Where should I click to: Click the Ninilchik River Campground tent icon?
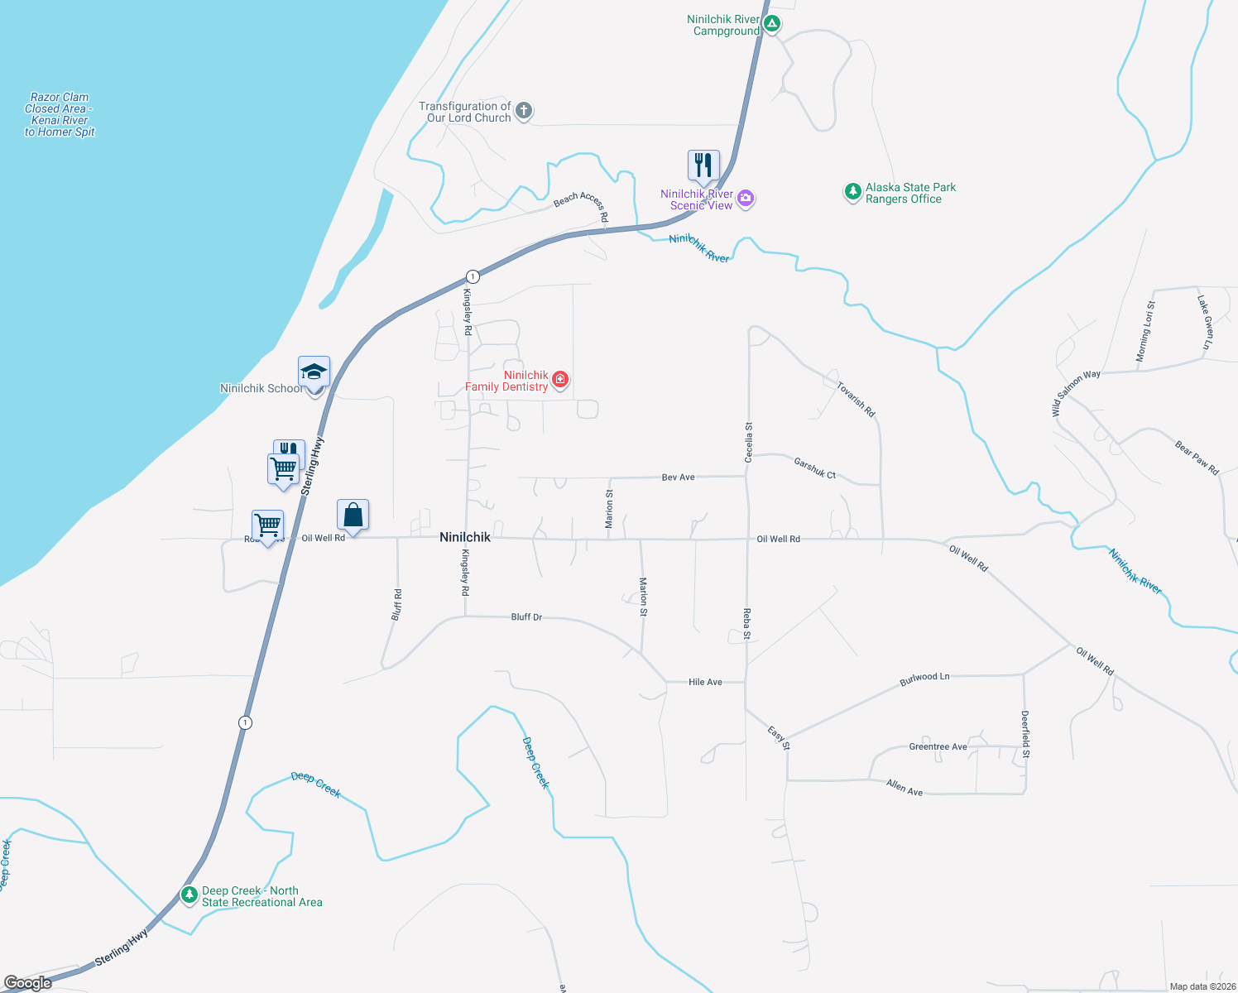point(772,23)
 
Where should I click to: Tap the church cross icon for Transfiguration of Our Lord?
point(524,110)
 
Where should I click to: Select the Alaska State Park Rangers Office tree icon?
point(852,192)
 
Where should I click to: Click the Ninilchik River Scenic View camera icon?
point(746,198)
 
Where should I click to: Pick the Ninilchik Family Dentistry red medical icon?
point(560,379)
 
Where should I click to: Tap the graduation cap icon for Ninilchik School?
point(314,372)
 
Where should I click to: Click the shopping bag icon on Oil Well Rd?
point(353,515)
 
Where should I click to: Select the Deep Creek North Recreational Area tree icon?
point(190,895)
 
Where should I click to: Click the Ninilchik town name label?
point(465,537)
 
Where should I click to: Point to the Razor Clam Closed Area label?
point(60,114)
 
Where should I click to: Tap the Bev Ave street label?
point(679,477)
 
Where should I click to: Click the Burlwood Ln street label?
point(924,678)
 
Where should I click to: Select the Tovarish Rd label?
point(856,399)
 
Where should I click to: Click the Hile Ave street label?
point(705,682)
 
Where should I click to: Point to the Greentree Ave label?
point(938,746)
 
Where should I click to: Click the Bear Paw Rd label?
point(1197,458)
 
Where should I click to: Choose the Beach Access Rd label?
point(582,205)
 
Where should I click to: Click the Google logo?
point(28,983)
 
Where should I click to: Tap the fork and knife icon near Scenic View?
point(703,165)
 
